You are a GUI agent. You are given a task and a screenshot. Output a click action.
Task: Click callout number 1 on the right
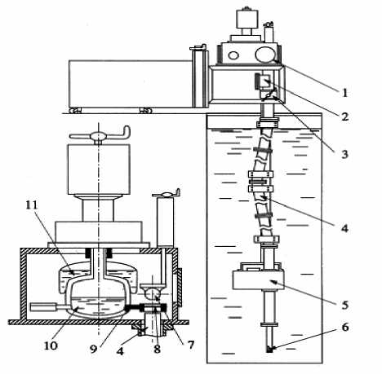coord(344,93)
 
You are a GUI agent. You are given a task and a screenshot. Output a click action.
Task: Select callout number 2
coord(345,117)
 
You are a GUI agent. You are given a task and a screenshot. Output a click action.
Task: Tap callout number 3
coord(344,154)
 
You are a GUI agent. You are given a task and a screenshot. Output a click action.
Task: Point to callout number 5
coord(345,305)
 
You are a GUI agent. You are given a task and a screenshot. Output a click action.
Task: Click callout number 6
coord(345,328)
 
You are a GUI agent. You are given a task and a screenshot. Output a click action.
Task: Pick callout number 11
coord(32,205)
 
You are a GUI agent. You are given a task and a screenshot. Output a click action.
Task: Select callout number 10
coord(51,345)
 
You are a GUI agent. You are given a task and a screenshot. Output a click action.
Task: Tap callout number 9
coord(93,350)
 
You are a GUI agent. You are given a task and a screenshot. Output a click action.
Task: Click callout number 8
coord(157,350)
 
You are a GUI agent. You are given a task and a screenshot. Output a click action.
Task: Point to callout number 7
coord(191,345)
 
